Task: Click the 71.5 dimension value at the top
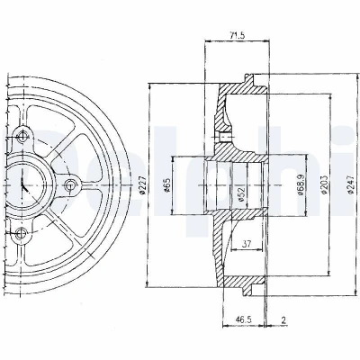click(x=236, y=35)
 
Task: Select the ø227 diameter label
click(x=143, y=185)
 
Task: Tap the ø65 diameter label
click(x=166, y=185)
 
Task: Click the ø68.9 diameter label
click(x=301, y=185)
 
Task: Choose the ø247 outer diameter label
click(x=349, y=185)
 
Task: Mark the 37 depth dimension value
click(x=247, y=244)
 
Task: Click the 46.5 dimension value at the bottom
click(x=243, y=319)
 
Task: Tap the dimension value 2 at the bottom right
click(x=283, y=319)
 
